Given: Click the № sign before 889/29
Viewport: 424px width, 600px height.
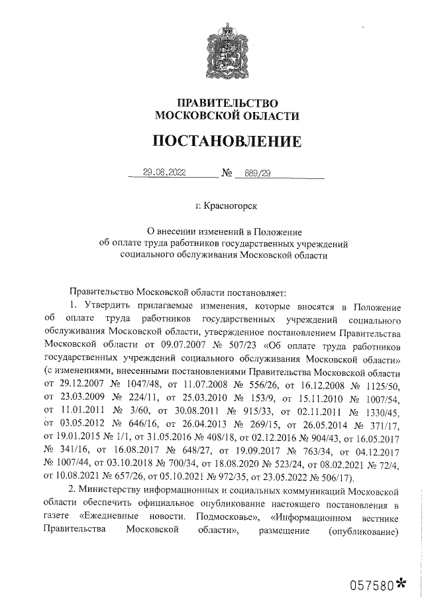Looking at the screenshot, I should pyautogui.click(x=227, y=174).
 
